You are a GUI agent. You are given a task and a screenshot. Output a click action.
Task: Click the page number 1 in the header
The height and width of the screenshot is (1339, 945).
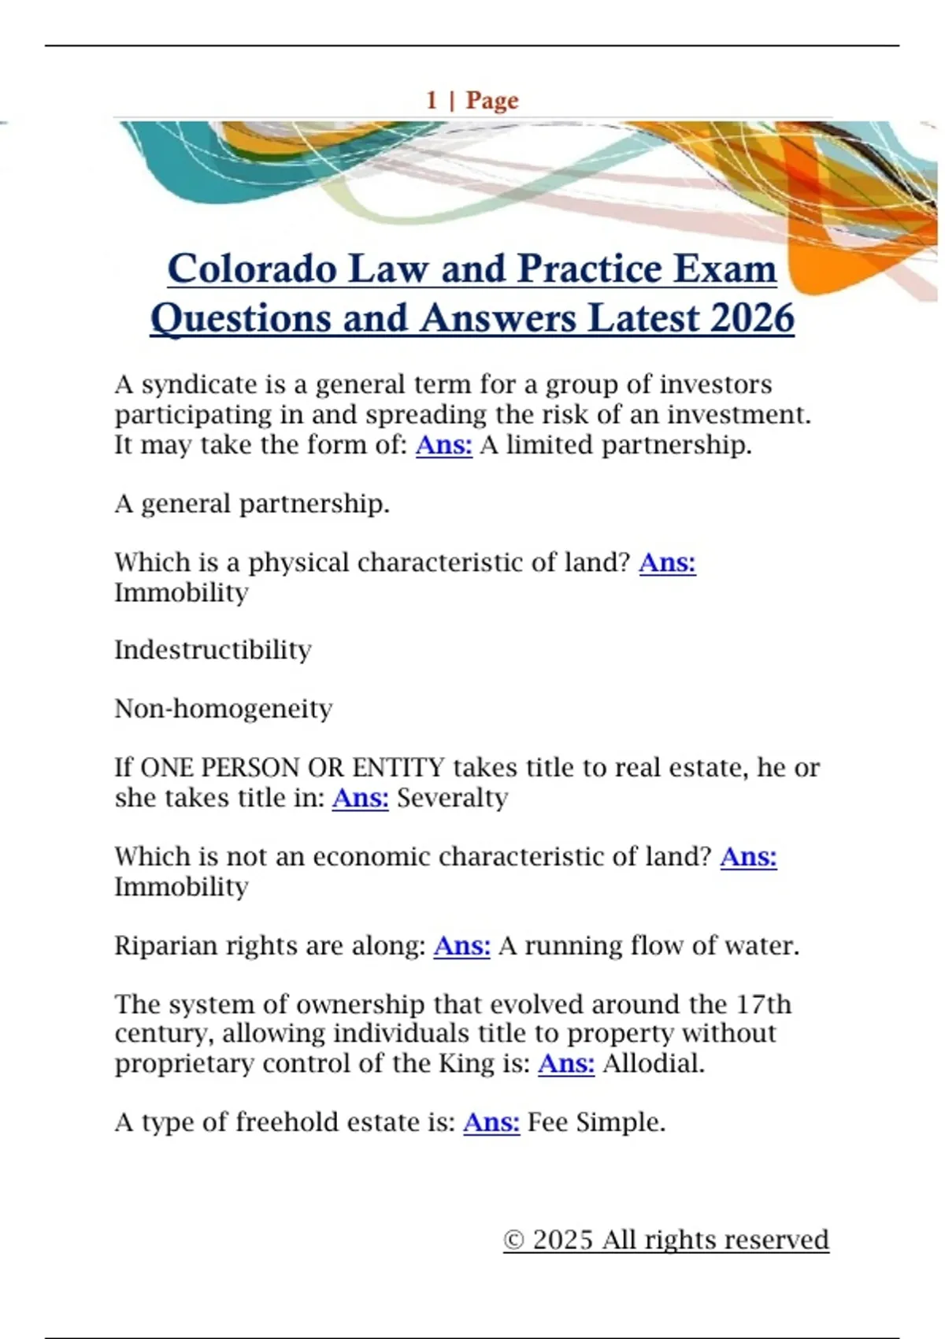[x=432, y=101]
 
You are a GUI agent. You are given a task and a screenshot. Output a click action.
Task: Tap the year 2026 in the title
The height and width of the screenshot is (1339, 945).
[x=751, y=319]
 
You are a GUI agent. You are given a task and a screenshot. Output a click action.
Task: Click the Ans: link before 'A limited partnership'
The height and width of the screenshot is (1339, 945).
[x=443, y=445]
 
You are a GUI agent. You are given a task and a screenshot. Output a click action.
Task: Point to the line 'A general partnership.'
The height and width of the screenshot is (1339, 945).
[x=252, y=504]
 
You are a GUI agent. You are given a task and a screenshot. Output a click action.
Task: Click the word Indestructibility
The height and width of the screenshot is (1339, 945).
[x=213, y=651]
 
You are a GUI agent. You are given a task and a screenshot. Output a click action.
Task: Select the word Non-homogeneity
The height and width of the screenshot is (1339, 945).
[x=223, y=709]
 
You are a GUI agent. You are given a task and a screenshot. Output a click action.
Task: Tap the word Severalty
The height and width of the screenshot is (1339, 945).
[x=452, y=798]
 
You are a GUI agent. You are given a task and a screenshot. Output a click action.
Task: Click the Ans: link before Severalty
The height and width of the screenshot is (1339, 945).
[x=360, y=798]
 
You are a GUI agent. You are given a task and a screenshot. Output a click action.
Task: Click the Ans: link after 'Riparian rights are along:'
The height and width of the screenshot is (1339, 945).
[x=461, y=945]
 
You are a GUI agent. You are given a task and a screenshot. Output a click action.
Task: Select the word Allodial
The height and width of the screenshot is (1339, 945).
[x=653, y=1064]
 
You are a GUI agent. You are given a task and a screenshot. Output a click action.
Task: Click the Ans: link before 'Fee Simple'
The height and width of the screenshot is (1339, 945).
[x=491, y=1122]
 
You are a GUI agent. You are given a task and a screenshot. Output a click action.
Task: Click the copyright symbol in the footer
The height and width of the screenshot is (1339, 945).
[x=513, y=1241]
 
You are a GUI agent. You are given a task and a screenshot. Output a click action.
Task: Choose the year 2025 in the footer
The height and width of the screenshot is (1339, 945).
[x=562, y=1241]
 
